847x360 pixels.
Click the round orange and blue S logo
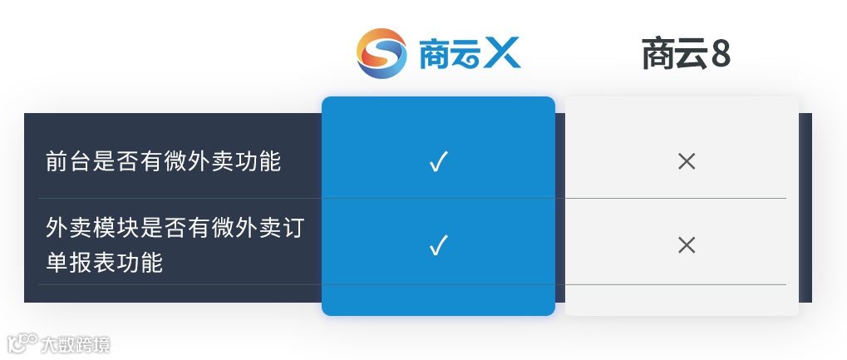[382, 53]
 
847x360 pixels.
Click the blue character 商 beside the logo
[435, 53]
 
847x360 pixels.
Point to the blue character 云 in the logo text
[468, 53]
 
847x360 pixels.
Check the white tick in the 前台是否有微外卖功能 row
[438, 161]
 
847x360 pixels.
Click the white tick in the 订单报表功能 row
[438, 245]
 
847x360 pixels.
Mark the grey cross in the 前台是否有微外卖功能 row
[686, 161]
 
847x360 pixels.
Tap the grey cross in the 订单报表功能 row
[686, 245]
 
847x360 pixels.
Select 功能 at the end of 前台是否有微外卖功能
[258, 161]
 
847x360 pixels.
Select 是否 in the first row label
[117, 161]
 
